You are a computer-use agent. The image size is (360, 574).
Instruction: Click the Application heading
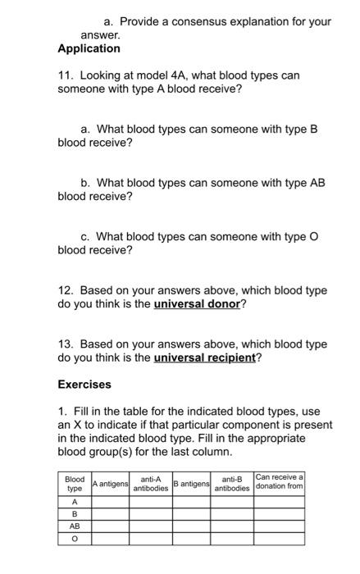point(89,49)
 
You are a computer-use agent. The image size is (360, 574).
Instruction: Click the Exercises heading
point(84,384)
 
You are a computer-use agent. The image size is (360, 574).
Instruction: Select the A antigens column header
point(111,485)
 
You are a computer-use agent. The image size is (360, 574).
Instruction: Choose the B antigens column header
point(191,485)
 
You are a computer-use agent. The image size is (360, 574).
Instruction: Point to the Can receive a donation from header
point(280,482)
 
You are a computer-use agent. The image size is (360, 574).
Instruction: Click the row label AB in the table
point(75,526)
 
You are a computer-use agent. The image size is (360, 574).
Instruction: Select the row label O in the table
point(75,540)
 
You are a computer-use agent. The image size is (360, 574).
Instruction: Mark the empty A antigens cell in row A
point(111,500)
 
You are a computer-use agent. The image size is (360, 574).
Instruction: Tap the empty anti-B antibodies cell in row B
point(232,513)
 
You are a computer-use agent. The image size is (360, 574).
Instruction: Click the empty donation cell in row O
point(280,540)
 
